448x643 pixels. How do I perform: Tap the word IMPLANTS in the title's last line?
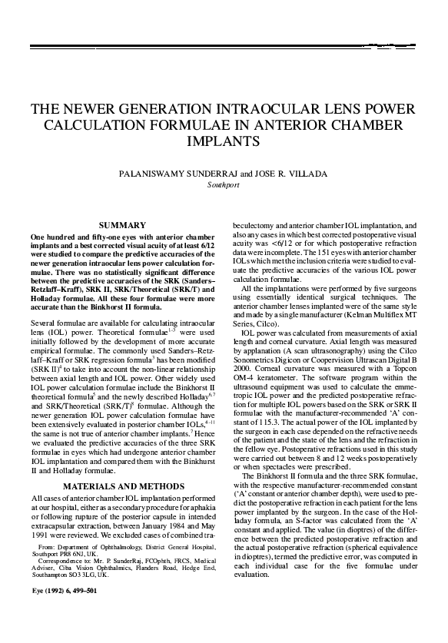click(x=224, y=142)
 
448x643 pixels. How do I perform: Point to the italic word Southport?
click(x=224, y=185)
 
